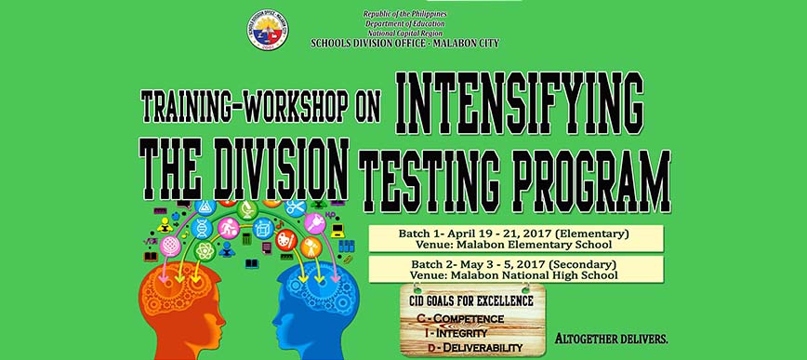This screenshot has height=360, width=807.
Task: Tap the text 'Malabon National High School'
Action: pos(535,275)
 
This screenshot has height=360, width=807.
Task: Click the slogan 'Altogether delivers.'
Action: pos(612,339)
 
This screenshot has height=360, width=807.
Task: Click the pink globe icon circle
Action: pos(169,246)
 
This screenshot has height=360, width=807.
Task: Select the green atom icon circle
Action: pos(205,251)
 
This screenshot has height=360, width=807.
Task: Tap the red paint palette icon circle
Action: pos(286,240)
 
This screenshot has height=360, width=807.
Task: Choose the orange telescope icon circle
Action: pos(311,247)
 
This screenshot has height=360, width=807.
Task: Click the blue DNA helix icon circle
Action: pos(202,228)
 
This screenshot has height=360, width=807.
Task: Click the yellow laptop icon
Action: pos(337,231)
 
